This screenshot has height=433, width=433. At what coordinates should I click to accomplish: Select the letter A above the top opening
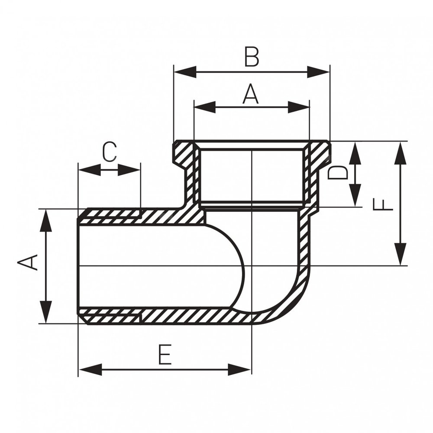250,94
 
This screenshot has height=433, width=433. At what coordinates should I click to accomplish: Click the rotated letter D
338,172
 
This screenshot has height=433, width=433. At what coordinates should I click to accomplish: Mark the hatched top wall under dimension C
113,216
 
